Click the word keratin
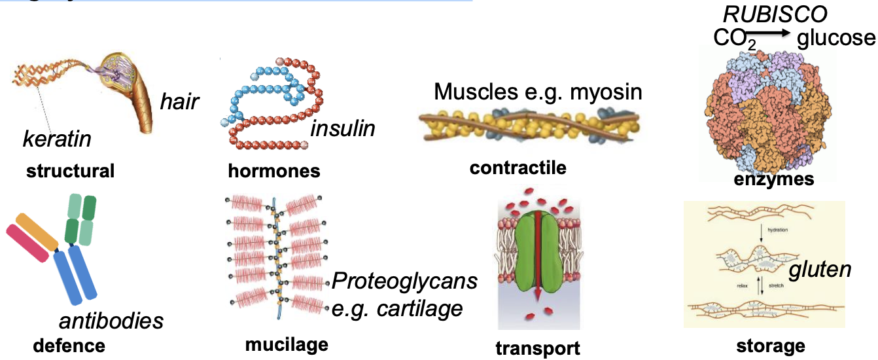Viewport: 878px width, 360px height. (57, 139)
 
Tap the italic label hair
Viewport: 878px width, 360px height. (179, 101)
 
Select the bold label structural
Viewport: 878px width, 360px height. (70, 171)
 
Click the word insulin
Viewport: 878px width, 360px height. (343, 128)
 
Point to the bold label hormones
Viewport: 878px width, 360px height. (274, 171)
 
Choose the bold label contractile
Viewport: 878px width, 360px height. (518, 168)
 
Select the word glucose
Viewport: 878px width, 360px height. (836, 38)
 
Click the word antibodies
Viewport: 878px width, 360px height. (111, 321)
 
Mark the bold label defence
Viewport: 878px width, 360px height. (69, 345)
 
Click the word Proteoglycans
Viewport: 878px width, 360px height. (404, 282)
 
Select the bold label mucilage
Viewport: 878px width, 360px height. (287, 344)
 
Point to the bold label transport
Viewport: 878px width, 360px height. (537, 348)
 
